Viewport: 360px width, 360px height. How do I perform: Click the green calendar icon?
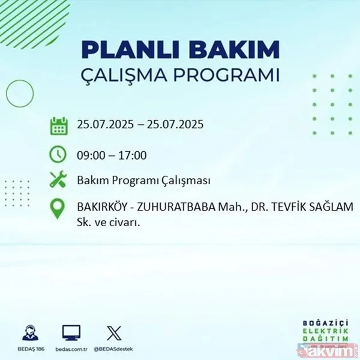[x=58, y=126]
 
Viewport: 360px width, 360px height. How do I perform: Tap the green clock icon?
[x=58, y=154]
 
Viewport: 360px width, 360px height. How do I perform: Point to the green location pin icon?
[x=58, y=208]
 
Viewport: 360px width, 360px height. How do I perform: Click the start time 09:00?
[x=89, y=155]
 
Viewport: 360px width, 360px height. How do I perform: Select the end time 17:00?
[x=133, y=155]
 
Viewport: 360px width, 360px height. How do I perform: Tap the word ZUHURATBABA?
[x=172, y=207]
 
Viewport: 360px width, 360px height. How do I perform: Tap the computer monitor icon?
[x=71, y=333]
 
